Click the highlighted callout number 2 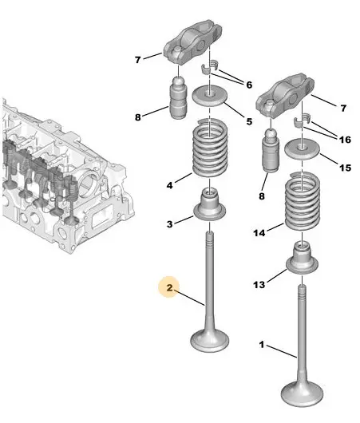pyautogui.click(x=169, y=287)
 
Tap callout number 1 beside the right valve pyautogui.click(x=261, y=345)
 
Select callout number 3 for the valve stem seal pyautogui.click(x=169, y=224)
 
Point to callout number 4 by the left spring pyautogui.click(x=169, y=185)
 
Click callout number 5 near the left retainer pyautogui.click(x=249, y=121)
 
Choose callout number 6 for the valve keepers pyautogui.click(x=249, y=85)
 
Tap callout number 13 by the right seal pyautogui.click(x=259, y=284)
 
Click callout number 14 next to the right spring pyautogui.click(x=259, y=232)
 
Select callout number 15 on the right pyautogui.click(x=345, y=168)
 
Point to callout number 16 pyautogui.click(x=345, y=140)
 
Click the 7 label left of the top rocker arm pyautogui.click(x=138, y=60)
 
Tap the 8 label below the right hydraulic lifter pyautogui.click(x=262, y=196)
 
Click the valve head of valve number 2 pyautogui.click(x=210, y=340)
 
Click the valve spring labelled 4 pyautogui.click(x=210, y=148)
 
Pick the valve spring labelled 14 pyautogui.click(x=303, y=201)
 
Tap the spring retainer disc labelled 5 pyautogui.click(x=209, y=97)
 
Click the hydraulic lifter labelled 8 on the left pyautogui.click(x=178, y=97)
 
